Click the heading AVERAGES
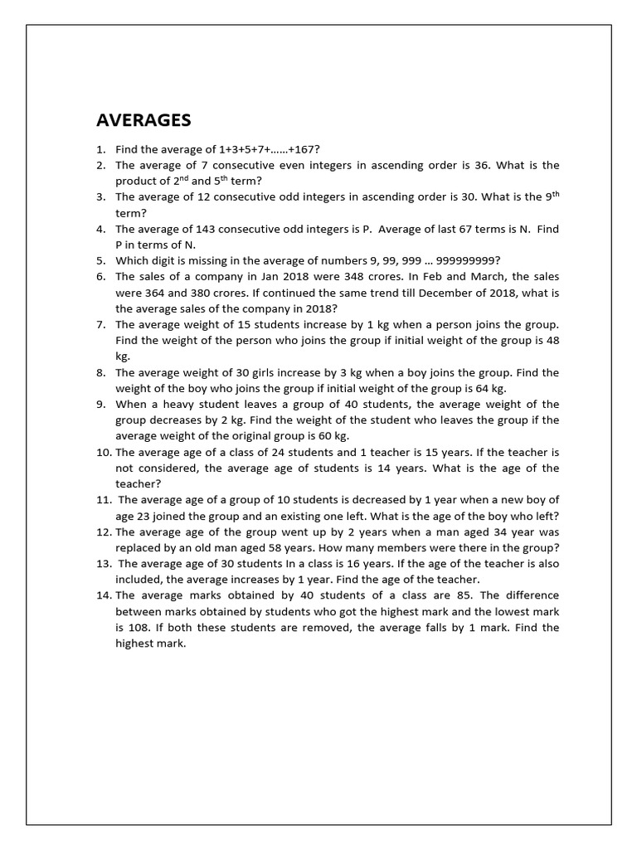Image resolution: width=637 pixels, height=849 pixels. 143,120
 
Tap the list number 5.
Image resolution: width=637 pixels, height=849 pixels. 100,260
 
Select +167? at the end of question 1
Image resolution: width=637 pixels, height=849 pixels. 303,149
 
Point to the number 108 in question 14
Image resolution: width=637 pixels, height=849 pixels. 137,628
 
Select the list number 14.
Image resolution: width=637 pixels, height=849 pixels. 104,595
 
